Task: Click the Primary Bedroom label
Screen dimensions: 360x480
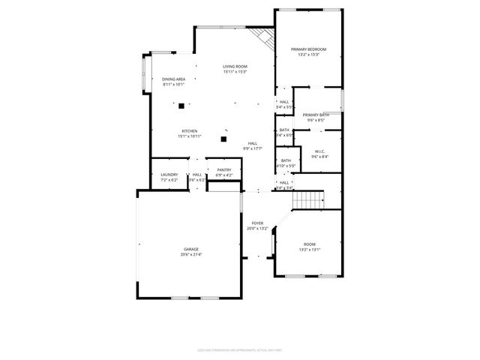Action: coord(309,49)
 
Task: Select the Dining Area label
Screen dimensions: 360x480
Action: coord(174,79)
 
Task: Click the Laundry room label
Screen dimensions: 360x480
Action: coord(169,175)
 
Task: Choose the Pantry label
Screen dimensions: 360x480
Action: coord(223,170)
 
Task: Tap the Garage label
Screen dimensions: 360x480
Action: coord(191,249)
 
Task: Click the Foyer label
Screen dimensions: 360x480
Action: coord(257,223)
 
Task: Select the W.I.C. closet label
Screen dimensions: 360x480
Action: coord(319,151)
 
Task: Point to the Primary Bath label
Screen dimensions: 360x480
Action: coord(315,115)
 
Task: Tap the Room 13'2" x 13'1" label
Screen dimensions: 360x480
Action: coord(309,245)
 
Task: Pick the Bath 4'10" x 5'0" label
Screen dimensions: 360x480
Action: coord(286,160)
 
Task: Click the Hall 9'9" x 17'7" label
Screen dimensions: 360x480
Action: coord(253,143)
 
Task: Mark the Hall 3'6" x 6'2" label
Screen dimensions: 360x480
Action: coord(196,175)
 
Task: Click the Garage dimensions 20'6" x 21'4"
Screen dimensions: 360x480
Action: coord(191,255)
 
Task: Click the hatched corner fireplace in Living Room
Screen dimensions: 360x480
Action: coord(262,37)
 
